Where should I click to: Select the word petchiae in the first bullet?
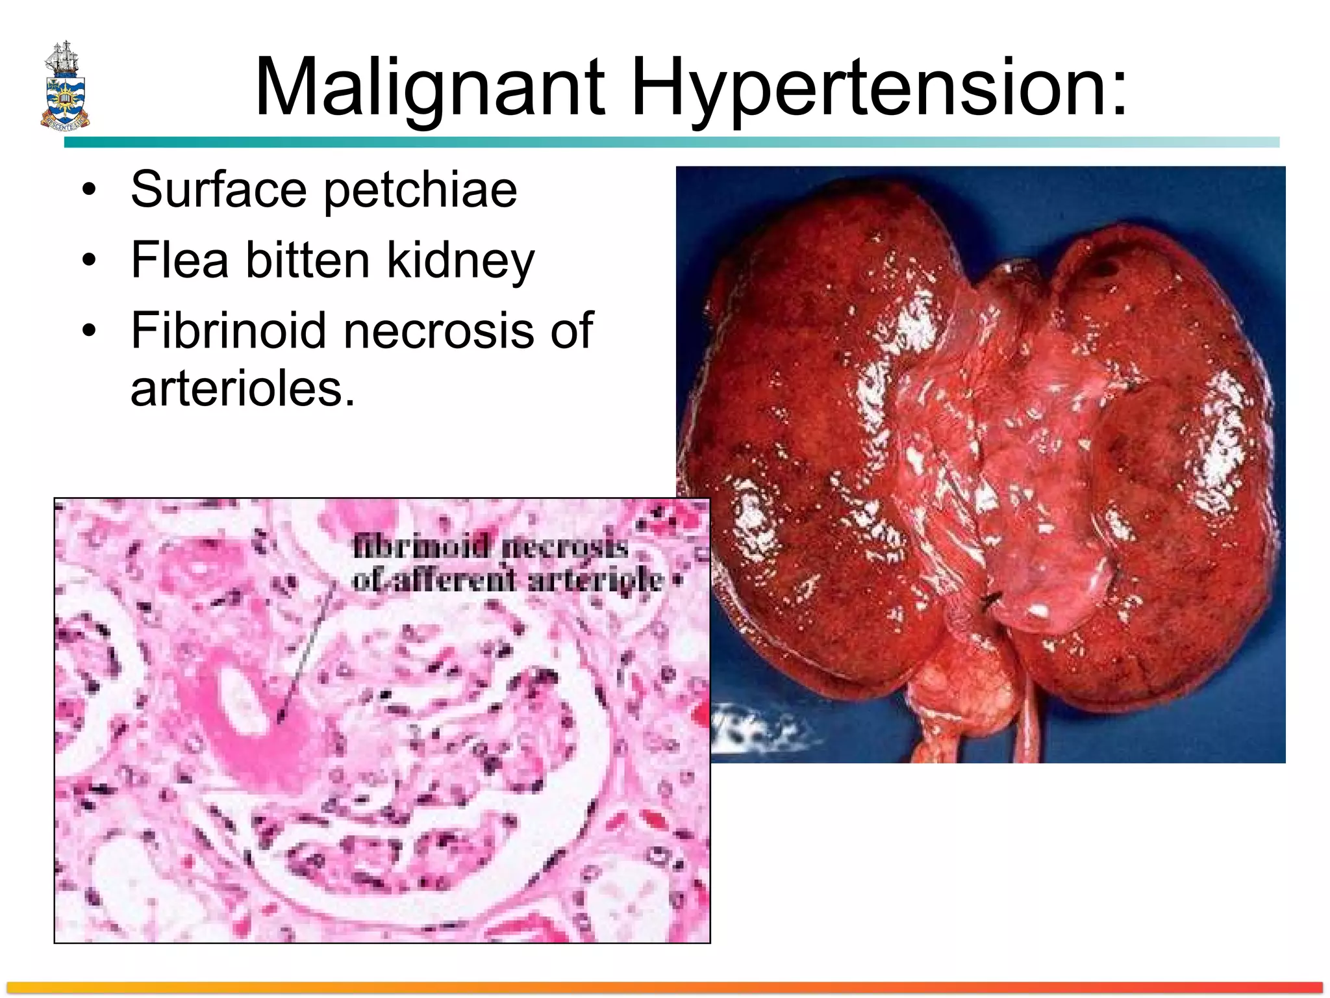click(x=420, y=190)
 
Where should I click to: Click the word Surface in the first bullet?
click(x=218, y=189)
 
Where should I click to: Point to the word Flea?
click(x=179, y=260)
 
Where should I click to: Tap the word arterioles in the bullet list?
click(x=243, y=389)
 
